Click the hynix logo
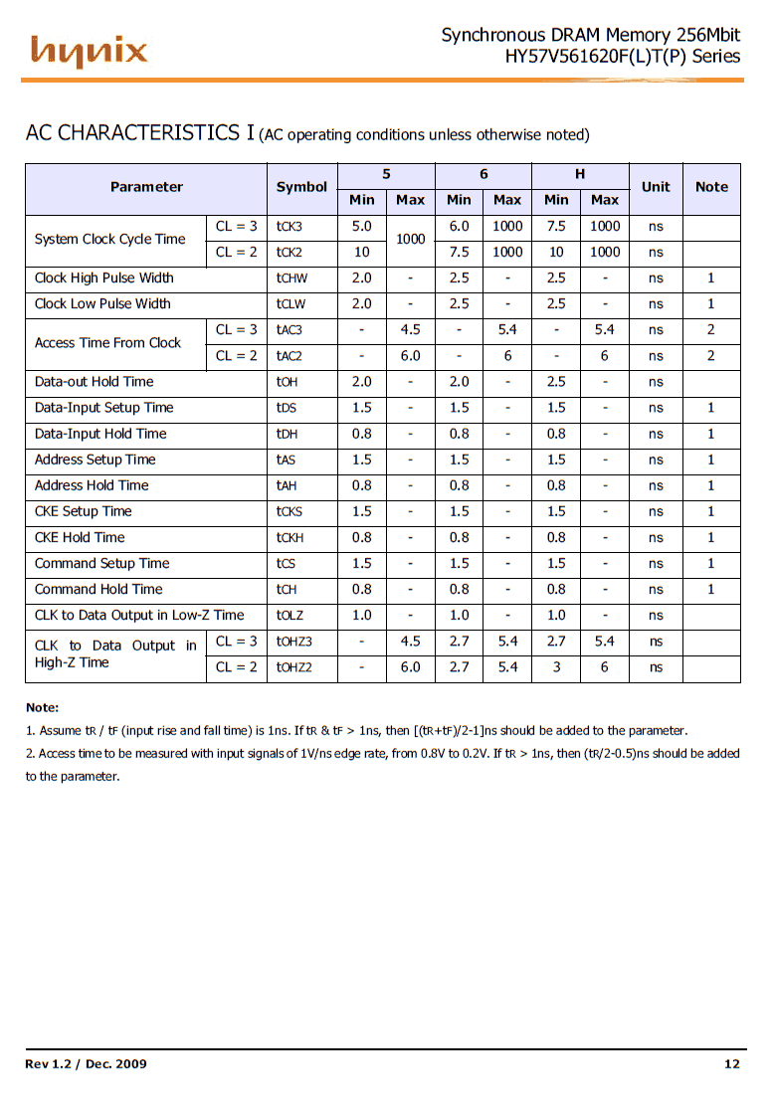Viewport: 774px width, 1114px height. point(89,51)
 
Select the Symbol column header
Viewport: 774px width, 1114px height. point(301,187)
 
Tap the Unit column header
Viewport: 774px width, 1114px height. point(656,187)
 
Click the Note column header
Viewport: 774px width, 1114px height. point(711,187)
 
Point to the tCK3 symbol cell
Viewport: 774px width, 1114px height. point(290,227)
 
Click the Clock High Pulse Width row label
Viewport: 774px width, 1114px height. point(104,278)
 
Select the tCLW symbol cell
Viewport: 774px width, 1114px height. point(291,304)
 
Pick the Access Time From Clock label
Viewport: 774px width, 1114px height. point(107,343)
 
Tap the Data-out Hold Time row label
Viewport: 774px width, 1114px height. point(95,382)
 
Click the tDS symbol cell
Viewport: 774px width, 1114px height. point(287,408)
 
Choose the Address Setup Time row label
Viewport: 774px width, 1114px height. point(96,460)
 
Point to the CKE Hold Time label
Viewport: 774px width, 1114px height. point(80,537)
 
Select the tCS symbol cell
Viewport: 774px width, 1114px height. point(286,564)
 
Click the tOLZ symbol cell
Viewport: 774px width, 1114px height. point(290,616)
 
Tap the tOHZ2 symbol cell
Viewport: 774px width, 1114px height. point(294,667)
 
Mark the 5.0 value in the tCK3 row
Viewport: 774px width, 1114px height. point(362,227)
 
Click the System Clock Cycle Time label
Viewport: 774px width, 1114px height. point(109,240)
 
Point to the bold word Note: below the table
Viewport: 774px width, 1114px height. point(42,707)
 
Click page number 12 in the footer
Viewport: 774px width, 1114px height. point(732,1064)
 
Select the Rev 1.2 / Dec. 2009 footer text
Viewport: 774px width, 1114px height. point(86,1064)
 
